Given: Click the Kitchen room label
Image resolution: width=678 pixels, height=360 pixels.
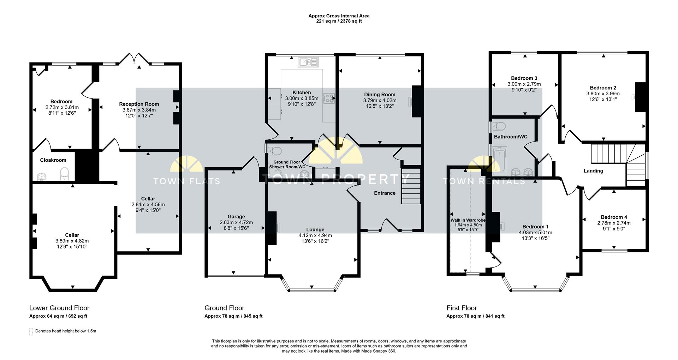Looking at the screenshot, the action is click(x=302, y=92).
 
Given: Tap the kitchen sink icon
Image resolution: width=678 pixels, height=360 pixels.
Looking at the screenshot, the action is click(x=308, y=62).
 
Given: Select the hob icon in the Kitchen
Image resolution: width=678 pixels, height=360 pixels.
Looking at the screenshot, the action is click(x=329, y=98).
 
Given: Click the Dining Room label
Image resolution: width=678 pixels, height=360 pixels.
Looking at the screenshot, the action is click(x=380, y=95).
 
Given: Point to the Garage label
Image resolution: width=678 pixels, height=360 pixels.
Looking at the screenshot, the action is click(x=236, y=217).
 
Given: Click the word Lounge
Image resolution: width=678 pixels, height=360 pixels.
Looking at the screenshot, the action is click(x=315, y=230).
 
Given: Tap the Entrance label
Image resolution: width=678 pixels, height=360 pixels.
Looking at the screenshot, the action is click(x=385, y=193).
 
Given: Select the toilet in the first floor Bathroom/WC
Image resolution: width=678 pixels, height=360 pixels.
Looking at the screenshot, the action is click(x=499, y=126).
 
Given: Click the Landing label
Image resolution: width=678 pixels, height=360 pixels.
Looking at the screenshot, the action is click(x=593, y=171).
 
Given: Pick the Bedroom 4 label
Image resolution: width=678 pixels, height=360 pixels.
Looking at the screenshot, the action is click(x=614, y=217).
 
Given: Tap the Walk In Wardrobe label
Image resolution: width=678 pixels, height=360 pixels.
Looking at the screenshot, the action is click(x=468, y=220).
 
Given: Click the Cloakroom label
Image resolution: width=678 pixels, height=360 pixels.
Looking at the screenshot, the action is click(x=53, y=160).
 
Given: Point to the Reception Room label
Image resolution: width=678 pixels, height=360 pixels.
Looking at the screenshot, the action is click(x=139, y=104).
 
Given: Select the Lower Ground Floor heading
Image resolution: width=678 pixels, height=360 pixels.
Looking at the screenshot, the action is click(x=59, y=308).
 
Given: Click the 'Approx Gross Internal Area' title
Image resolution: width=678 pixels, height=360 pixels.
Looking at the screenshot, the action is click(x=339, y=16).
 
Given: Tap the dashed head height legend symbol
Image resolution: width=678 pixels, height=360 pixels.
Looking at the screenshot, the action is click(x=31, y=332).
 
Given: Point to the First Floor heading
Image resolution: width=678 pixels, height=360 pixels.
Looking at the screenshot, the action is click(x=462, y=308).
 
